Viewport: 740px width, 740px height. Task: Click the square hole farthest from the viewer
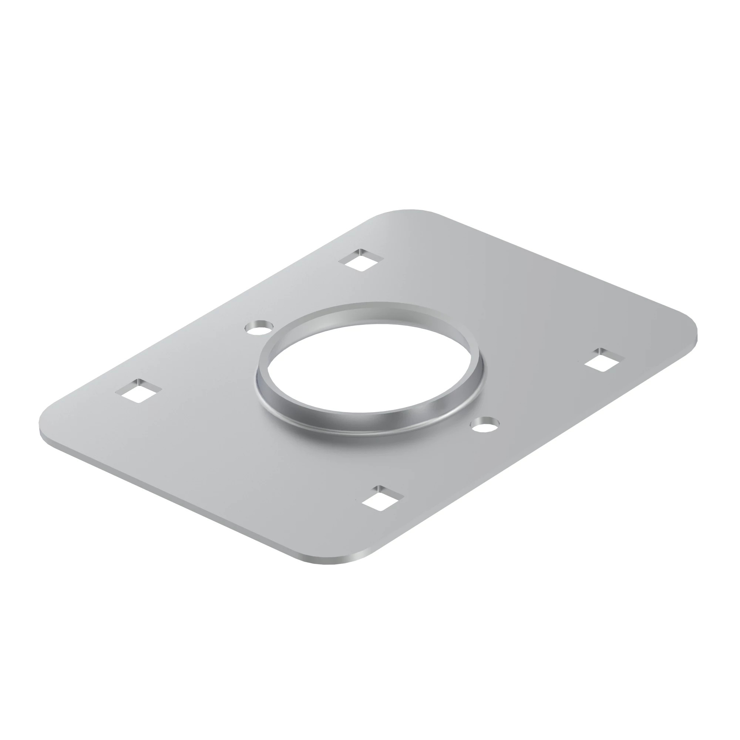pyautogui.click(x=361, y=260)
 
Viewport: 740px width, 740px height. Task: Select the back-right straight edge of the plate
pyautogui.click(x=555, y=264)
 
